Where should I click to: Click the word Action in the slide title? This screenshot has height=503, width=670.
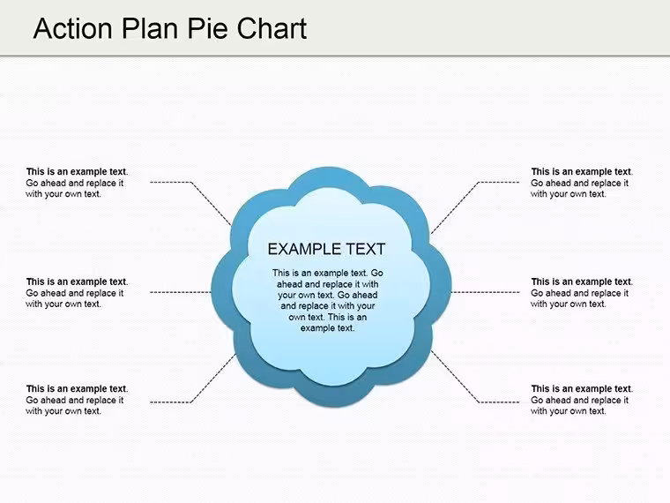pos(72,28)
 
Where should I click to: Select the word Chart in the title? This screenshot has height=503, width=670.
pos(272,28)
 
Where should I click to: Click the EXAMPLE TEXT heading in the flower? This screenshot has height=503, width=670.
pos(326,249)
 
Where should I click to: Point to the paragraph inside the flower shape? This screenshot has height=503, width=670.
pos(328,300)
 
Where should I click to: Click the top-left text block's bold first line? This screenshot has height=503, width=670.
pos(77,172)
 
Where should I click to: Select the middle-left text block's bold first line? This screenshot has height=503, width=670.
pos(77,282)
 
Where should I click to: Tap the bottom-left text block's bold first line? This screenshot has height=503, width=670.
pos(77,389)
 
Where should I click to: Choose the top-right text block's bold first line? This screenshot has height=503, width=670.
pos(582,172)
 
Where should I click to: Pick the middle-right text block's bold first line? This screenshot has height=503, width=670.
pos(582,282)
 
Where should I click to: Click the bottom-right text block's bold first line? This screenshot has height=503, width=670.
pos(582,389)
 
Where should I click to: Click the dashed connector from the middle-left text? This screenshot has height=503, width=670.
pos(181,293)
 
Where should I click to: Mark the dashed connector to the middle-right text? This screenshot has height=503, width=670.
pos(486,293)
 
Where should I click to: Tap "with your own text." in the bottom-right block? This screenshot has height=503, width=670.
pos(569,411)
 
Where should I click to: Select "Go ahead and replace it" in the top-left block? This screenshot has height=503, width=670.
pos(75,184)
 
